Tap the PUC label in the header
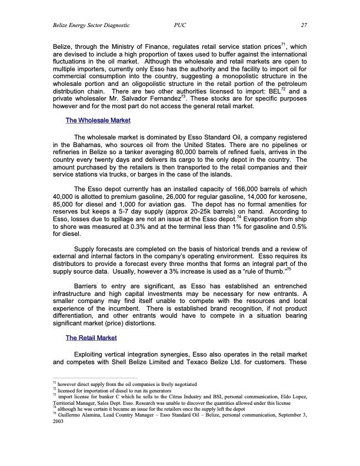(x=181, y=25)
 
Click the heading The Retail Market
(x=91, y=337)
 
